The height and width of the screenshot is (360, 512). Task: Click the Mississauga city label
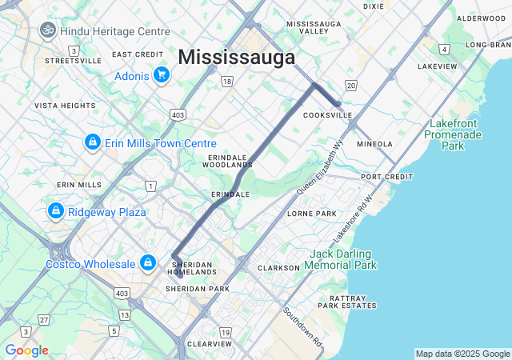point(236,57)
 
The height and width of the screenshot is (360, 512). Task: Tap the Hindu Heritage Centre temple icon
point(47,30)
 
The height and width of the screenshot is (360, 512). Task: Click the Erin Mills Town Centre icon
point(93,142)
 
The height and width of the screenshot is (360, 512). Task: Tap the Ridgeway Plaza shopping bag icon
point(55,211)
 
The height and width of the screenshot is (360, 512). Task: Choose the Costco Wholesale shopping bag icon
point(148,263)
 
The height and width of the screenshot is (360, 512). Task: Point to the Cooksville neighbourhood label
point(327,115)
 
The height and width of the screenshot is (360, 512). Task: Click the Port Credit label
point(386,177)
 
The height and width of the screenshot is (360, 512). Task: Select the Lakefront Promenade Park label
point(455,134)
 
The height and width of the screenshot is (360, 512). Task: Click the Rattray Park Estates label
point(346,301)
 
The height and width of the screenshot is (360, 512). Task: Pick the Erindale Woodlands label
point(230,161)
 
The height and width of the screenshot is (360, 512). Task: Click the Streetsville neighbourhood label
point(73,61)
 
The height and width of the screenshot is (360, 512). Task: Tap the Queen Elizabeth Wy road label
point(319,169)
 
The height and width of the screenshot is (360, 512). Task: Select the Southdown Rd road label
point(302,326)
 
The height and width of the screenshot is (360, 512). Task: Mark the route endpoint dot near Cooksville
point(338,104)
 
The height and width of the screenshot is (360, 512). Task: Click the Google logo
point(26,350)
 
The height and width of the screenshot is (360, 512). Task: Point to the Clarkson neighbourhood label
point(278,268)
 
